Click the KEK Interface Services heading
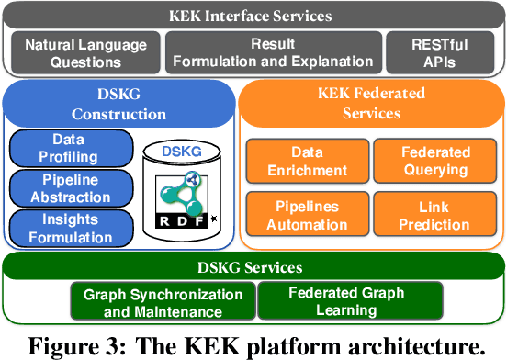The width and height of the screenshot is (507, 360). tap(253, 16)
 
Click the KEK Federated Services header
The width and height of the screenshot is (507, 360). tap(372, 106)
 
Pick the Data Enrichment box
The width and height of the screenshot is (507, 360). tap(308, 161)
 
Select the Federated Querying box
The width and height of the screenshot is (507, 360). tap(435, 161)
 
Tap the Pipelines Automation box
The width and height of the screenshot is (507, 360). tap(308, 215)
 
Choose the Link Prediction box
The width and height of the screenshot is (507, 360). tap(435, 215)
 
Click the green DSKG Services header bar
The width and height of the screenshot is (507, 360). tap(253, 266)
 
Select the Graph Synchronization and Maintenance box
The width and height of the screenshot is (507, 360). tap(163, 302)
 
